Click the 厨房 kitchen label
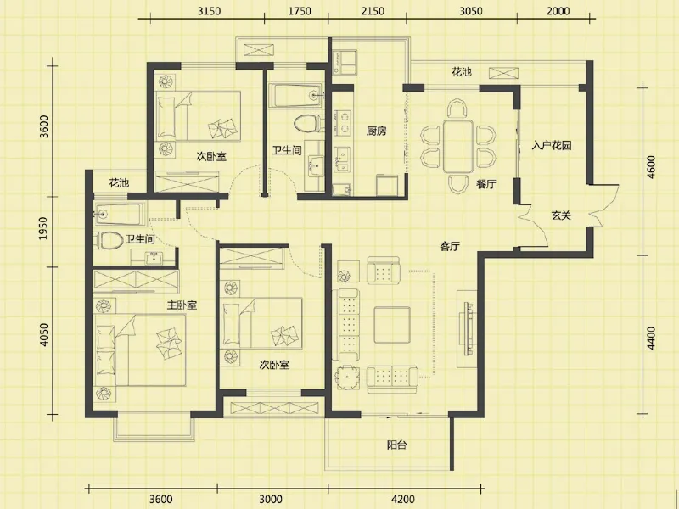click(x=376, y=131)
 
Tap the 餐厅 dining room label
click(x=485, y=184)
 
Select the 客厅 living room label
click(x=450, y=247)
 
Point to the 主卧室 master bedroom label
click(x=182, y=305)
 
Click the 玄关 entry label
click(x=561, y=215)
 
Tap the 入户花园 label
click(x=552, y=145)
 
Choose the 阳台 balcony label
click(x=396, y=445)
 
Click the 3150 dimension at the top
click(x=209, y=11)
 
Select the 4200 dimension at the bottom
click(x=402, y=499)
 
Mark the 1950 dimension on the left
click(x=43, y=229)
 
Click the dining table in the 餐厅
click(x=457, y=146)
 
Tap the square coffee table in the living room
click(x=392, y=325)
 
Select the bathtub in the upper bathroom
click(x=296, y=95)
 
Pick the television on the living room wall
click(x=468, y=328)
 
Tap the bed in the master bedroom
click(x=140, y=350)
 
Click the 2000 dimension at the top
click(x=558, y=11)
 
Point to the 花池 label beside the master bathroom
click(x=119, y=183)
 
